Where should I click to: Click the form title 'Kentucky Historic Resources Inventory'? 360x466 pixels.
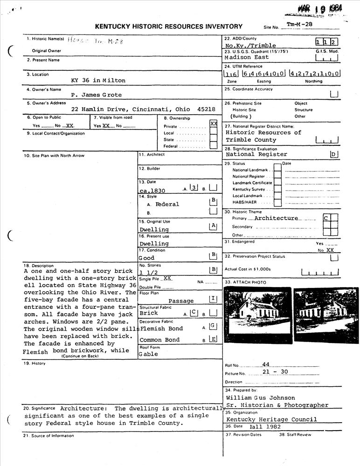(x=169, y=27)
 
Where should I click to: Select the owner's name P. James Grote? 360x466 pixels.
(x=96, y=95)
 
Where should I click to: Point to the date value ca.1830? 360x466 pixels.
(x=152, y=191)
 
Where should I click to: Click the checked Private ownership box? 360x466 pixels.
(x=214, y=124)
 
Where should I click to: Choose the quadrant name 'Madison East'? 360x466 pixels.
(x=247, y=57)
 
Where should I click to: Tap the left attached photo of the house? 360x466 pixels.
(x=258, y=315)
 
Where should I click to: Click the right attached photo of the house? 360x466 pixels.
(x=326, y=315)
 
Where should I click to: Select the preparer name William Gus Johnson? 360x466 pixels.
(x=261, y=398)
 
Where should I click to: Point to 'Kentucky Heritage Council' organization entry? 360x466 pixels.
(x=271, y=419)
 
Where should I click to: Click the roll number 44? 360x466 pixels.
(x=266, y=364)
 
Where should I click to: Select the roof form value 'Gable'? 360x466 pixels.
(x=148, y=354)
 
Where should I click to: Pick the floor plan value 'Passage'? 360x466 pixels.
(x=181, y=301)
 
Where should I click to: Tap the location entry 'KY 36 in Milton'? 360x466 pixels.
(x=98, y=80)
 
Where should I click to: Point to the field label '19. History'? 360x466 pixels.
(x=35, y=363)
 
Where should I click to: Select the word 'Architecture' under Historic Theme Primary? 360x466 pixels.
(x=276, y=218)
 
